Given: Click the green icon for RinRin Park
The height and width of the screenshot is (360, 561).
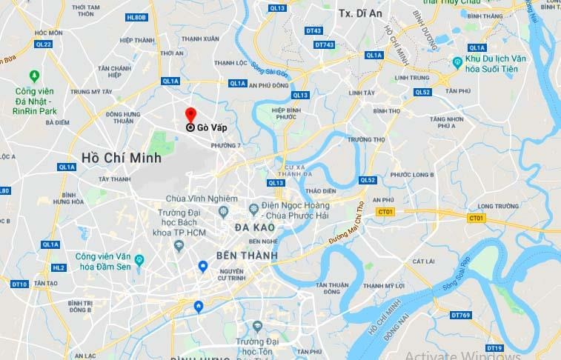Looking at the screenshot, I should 32,75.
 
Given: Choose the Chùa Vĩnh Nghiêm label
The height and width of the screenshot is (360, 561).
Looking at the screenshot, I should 202,199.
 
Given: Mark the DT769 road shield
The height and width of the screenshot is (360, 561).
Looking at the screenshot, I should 460,316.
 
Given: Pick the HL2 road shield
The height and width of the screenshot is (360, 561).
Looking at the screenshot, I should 59,267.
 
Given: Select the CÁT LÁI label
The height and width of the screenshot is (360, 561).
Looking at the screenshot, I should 423,261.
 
